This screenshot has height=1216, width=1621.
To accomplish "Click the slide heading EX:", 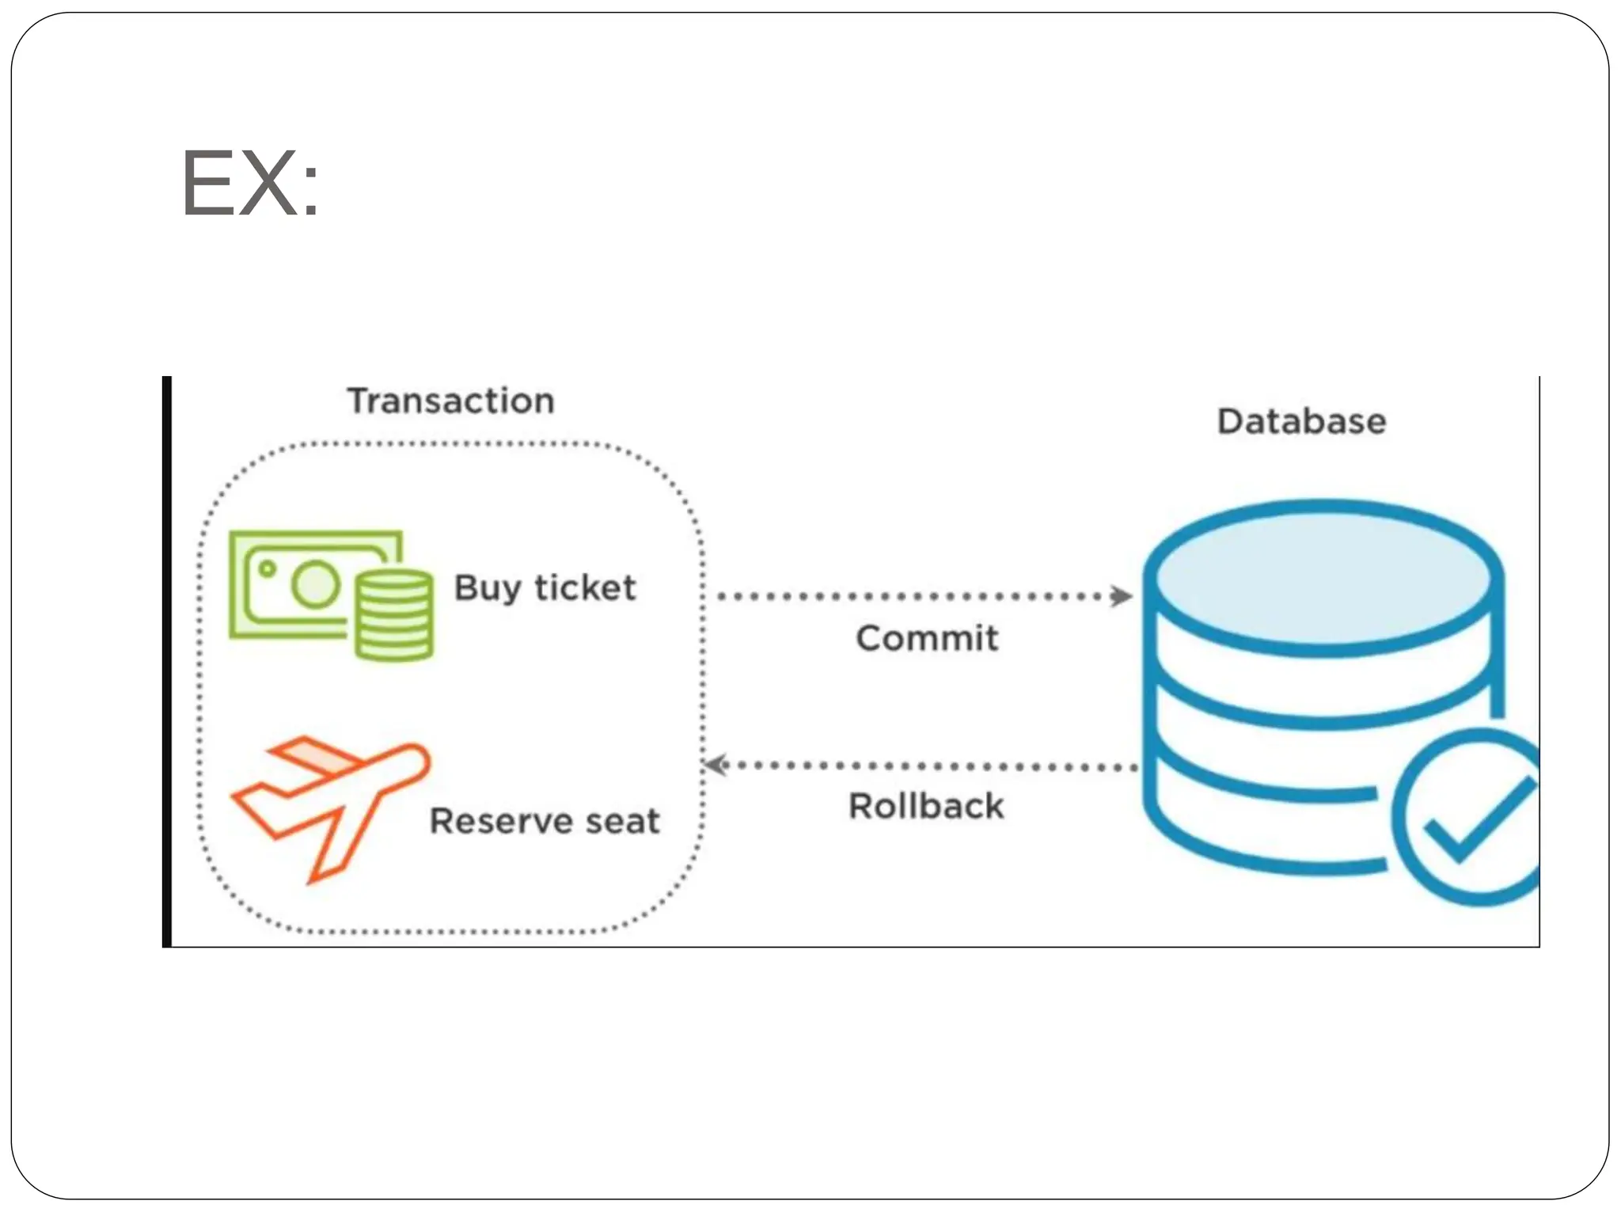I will click(250, 184).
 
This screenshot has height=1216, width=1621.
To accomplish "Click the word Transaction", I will click(450, 401).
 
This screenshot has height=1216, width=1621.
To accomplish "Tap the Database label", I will click(1301, 421).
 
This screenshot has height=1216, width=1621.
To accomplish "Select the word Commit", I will click(927, 638).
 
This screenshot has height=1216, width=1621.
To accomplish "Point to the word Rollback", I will click(926, 807).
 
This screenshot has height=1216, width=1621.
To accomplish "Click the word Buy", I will click(487, 588).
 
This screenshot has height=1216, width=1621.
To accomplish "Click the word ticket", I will click(585, 588).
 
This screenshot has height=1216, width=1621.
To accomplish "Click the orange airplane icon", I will click(332, 807).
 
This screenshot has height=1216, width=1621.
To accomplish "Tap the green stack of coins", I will click(393, 615).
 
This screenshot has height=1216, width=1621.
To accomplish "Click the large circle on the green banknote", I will click(316, 584).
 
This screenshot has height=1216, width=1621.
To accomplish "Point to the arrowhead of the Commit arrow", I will click(1122, 596).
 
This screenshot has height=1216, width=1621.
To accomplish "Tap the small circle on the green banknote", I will click(268, 568).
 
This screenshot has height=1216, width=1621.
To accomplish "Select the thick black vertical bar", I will click(166, 661).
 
